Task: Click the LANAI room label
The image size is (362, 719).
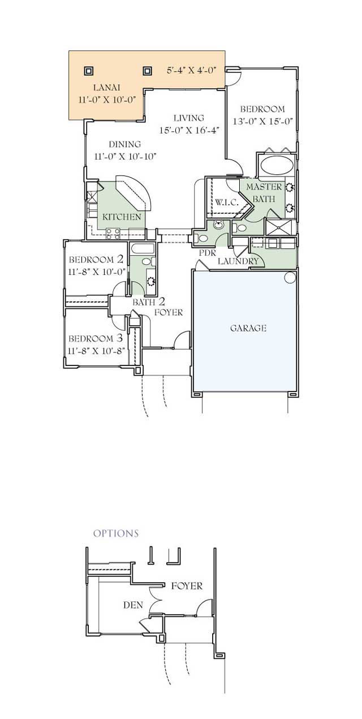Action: click(x=106, y=87)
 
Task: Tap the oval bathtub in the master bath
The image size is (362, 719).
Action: click(x=277, y=166)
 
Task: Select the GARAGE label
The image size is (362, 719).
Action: click(x=248, y=328)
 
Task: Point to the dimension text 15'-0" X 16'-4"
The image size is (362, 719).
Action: click(x=189, y=130)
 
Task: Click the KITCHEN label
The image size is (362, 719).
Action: click(x=122, y=217)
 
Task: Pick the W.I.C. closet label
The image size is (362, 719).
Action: click(x=226, y=203)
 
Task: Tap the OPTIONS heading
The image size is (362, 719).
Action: click(x=116, y=533)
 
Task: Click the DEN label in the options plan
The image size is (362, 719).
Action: click(x=133, y=605)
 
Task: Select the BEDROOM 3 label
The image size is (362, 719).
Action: click(x=96, y=338)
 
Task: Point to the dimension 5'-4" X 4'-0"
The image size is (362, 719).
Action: click(x=191, y=70)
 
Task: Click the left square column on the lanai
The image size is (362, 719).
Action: click(x=89, y=71)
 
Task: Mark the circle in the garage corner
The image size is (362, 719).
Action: click(x=290, y=277)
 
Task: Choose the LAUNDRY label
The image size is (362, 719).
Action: click(x=238, y=261)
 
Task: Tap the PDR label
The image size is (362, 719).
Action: click(x=208, y=253)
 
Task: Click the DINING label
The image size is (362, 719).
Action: click(x=124, y=144)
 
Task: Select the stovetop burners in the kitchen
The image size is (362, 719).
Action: click(x=113, y=234)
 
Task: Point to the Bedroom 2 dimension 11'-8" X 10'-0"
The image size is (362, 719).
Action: click(x=97, y=272)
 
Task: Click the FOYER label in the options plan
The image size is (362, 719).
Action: click(x=187, y=586)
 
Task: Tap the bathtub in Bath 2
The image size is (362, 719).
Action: click(x=143, y=249)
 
